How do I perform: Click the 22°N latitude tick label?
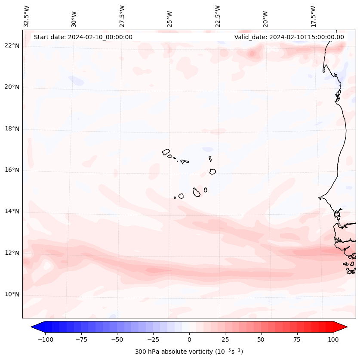[12, 46]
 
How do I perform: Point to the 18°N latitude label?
[12, 129]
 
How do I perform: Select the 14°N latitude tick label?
[12, 211]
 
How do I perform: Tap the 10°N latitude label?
[12, 294]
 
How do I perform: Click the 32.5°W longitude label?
[27, 16]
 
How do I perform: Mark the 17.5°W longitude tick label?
[314, 16]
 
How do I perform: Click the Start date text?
[83, 37]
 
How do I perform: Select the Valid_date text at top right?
[289, 37]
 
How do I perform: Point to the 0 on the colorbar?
[189, 339]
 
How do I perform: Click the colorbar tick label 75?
[297, 339]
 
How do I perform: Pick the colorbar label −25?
[153, 339]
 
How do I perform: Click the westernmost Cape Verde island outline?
[166, 152]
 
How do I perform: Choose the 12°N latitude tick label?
[12, 253]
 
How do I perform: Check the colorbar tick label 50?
[261, 339]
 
